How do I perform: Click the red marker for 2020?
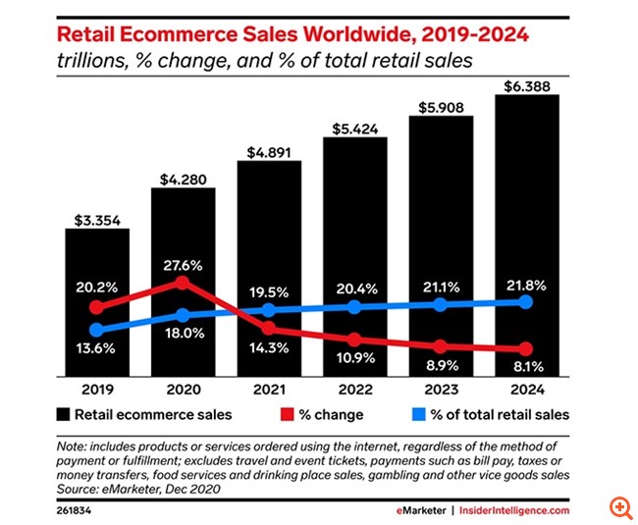[183, 283]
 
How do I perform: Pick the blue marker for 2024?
[525, 301]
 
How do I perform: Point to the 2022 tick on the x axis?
[354, 390]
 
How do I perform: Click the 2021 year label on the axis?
[269, 390]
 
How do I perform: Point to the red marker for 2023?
[440, 346]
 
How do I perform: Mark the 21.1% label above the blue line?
[440, 286]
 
